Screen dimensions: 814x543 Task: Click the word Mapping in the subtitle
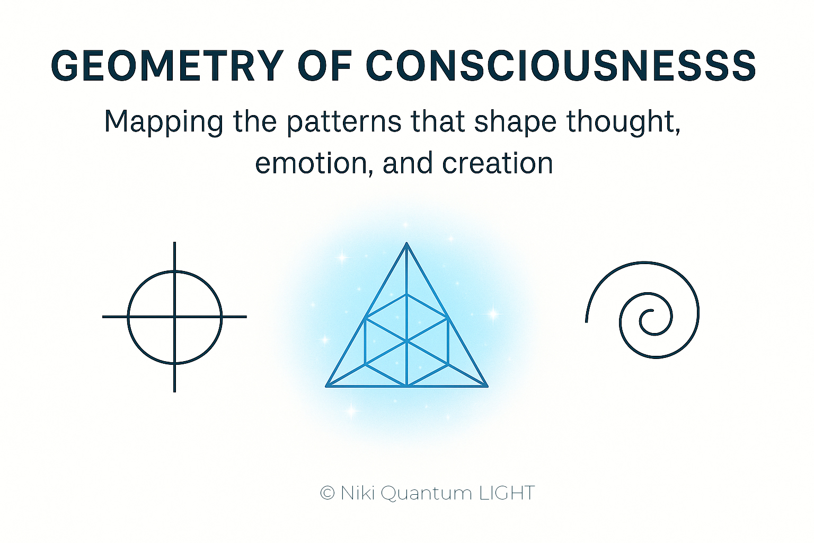(164, 122)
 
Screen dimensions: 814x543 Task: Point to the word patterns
(344, 122)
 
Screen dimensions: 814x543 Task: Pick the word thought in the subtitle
(623, 122)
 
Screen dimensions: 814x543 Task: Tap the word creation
(497, 163)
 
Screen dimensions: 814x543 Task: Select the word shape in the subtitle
(515, 122)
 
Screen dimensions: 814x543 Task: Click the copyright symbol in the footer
(328, 494)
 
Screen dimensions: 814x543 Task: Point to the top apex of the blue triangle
(406, 243)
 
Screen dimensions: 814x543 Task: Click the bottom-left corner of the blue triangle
(326, 386)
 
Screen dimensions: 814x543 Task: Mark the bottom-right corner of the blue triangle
(487, 386)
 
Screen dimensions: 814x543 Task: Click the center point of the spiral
(652, 311)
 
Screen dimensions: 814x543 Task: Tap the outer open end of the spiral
(587, 321)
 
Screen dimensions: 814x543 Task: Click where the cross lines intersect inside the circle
(175, 317)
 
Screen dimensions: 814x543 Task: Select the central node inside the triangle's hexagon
(406, 341)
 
